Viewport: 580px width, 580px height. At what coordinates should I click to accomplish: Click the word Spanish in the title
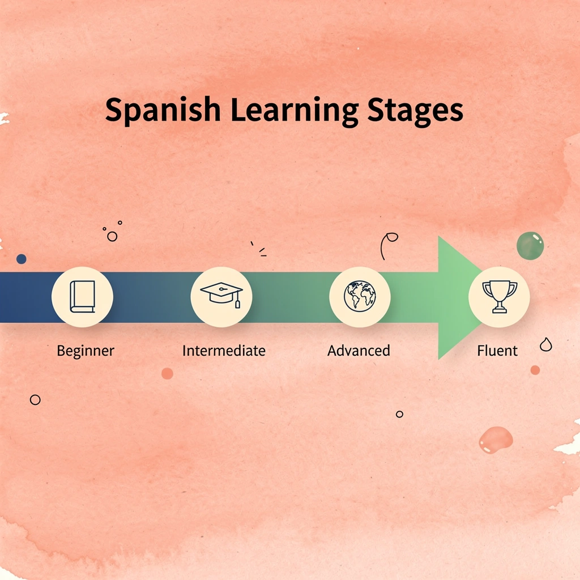tap(163, 110)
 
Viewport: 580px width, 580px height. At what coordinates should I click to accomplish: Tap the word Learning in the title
tap(295, 110)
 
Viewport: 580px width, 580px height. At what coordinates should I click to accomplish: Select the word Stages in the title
tap(415, 110)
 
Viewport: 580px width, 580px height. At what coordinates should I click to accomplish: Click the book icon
tap(83, 297)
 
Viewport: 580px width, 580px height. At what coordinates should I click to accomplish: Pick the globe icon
tap(360, 296)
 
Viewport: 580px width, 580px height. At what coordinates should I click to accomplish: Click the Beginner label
tap(86, 351)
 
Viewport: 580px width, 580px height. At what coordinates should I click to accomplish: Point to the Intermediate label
tap(224, 350)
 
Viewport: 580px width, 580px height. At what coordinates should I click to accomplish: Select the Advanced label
tap(359, 350)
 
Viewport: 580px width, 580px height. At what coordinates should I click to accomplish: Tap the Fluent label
tap(497, 350)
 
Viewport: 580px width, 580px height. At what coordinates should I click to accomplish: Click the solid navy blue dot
tap(22, 259)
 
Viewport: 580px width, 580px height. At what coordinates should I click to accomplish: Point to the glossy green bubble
tap(530, 246)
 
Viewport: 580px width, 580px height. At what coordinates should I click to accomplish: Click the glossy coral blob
tap(496, 440)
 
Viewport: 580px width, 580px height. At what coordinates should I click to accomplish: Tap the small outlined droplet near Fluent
tap(546, 344)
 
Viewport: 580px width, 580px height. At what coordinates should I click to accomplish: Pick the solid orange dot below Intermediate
tap(167, 373)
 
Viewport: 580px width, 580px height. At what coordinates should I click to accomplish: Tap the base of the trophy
tap(500, 310)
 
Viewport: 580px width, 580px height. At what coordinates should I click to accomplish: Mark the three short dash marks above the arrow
tap(259, 249)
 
